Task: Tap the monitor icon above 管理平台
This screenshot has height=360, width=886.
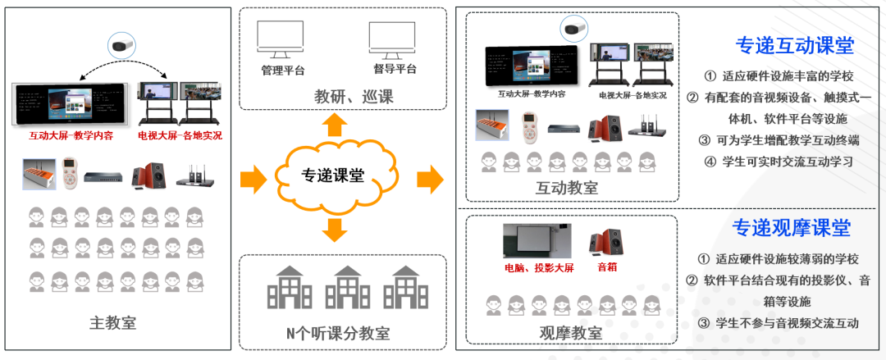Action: click(x=281, y=39)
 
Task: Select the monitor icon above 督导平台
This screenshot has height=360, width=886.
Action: click(x=391, y=39)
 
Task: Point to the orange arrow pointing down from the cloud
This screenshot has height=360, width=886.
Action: click(x=334, y=230)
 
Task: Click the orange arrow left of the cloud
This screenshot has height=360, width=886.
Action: click(x=254, y=177)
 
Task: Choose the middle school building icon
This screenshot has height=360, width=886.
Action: click(x=347, y=287)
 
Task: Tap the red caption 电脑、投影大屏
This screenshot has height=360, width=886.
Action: click(x=538, y=267)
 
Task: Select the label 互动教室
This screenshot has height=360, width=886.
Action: click(x=567, y=188)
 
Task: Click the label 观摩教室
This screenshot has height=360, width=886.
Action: click(x=571, y=333)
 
